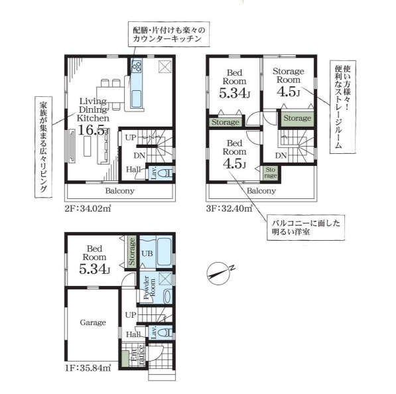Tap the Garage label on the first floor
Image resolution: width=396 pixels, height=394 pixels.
94,322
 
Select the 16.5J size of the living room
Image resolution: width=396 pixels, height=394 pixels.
93,130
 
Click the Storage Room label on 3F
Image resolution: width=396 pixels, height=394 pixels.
288,76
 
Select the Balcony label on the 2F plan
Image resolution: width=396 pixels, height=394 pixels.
120,191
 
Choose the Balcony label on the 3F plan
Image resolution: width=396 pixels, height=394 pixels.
261,191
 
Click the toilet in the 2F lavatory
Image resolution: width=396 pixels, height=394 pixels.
166,174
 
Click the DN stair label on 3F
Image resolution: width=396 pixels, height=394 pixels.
281,156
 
